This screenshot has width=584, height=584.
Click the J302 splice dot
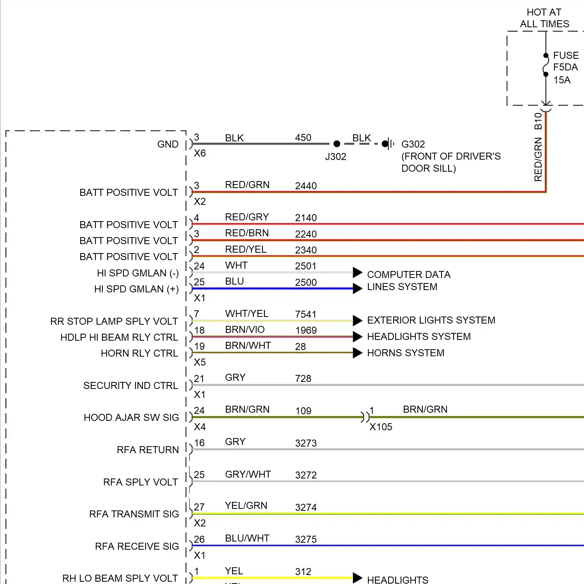coord(337,144)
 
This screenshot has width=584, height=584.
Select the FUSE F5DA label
coord(566,61)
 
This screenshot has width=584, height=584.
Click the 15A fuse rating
coord(562,80)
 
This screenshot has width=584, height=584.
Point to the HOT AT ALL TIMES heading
coord(544,18)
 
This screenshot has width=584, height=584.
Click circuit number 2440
coord(306,186)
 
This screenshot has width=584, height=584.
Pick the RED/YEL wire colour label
coord(246,249)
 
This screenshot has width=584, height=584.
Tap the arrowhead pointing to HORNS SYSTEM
coord(357,353)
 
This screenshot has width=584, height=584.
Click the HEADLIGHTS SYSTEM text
coord(419,336)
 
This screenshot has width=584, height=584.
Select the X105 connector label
coord(381,427)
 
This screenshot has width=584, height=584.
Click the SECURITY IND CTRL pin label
coord(130,385)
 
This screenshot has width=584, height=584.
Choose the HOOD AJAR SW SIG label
coord(131,417)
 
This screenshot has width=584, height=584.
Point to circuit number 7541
coord(306,314)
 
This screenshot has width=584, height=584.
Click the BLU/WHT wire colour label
coord(247,538)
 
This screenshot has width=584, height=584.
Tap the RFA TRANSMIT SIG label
coord(134,514)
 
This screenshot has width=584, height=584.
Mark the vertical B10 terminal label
coord(538,121)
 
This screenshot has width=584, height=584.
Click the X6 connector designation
coord(200,153)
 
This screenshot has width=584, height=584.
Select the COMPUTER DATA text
coord(409,274)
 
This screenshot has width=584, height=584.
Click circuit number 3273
coord(306,443)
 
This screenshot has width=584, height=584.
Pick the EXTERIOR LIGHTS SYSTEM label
coord(431,320)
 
